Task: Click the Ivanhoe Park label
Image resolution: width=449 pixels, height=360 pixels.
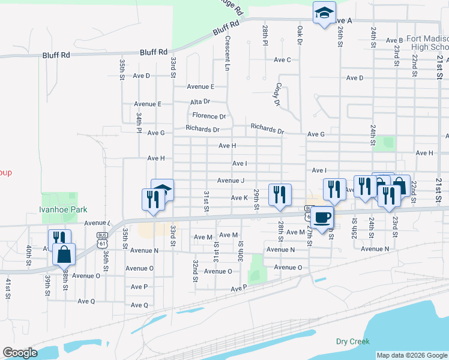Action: pyautogui.click(x=63, y=209)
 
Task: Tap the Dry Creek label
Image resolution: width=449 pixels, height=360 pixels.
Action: pyautogui.click(x=352, y=341)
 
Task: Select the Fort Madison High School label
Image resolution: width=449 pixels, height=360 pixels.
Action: pyautogui.click(x=427, y=43)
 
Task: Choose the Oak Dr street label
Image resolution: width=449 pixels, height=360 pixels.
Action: pyautogui.click(x=298, y=34)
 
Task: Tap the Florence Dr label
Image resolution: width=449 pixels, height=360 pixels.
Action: pyautogui.click(x=209, y=116)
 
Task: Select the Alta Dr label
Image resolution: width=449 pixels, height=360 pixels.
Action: pyautogui.click(x=200, y=102)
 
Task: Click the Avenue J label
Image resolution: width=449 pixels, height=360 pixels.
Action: pyautogui.click(x=231, y=181)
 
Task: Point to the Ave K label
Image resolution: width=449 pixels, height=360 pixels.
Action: pyautogui.click(x=240, y=197)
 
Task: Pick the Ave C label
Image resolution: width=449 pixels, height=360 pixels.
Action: pyautogui.click(x=282, y=60)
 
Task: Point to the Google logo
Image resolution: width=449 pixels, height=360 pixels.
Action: pyautogui.click(x=20, y=353)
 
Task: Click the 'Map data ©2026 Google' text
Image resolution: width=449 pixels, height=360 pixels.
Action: pyautogui.click(x=412, y=355)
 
